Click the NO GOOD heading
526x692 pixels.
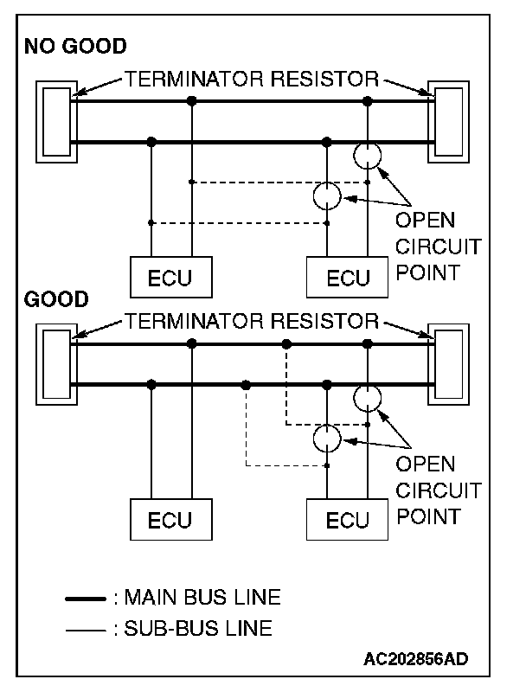75,47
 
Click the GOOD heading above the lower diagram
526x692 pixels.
56,299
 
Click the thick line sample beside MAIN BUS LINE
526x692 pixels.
86,599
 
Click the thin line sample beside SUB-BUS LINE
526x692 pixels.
86,631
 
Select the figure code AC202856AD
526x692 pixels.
415,659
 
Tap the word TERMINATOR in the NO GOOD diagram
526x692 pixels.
195,79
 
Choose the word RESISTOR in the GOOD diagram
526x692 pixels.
324,321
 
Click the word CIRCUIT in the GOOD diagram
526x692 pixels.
438,490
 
